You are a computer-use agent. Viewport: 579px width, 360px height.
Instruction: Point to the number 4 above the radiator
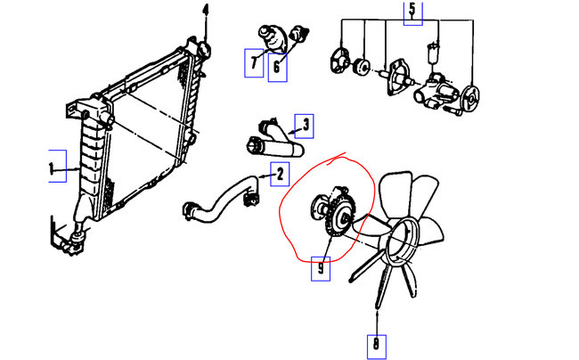[205, 12]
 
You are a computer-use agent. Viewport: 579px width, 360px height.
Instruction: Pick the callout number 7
[254, 62]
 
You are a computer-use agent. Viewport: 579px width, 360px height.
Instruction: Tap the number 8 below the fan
[377, 343]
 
